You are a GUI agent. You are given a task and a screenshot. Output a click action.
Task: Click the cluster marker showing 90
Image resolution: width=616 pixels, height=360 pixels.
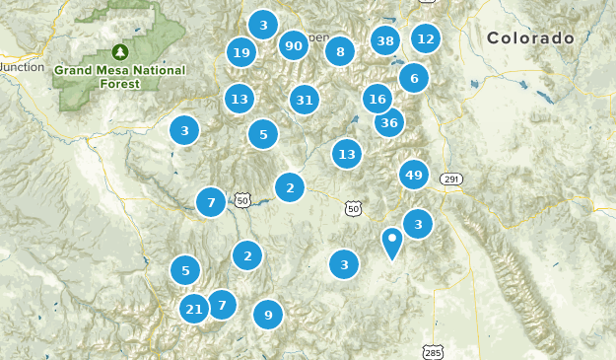pyautogui.click(x=293, y=45)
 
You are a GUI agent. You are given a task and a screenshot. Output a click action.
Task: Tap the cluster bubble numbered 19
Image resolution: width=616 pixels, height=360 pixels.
pyautogui.click(x=240, y=52)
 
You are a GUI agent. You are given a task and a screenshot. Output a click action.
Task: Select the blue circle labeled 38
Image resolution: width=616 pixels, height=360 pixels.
pyautogui.click(x=385, y=40)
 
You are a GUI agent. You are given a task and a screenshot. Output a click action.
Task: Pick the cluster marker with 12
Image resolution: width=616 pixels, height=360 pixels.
pyautogui.click(x=425, y=38)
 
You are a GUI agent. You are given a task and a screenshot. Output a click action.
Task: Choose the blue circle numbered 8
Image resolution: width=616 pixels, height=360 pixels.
pyautogui.click(x=340, y=52)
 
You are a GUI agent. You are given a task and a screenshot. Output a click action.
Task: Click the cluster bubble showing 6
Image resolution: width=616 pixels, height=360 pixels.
pyautogui.click(x=414, y=79)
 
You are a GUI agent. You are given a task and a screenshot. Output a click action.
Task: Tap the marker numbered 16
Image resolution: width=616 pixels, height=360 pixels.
pyautogui.click(x=376, y=99)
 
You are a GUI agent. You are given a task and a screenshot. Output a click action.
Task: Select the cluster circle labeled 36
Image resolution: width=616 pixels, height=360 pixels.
pyautogui.click(x=389, y=122)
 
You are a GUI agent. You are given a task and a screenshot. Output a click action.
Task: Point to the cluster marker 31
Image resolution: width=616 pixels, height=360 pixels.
pyautogui.click(x=305, y=100)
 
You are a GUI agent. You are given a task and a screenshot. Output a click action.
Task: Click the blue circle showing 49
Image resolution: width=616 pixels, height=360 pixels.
pyautogui.click(x=414, y=176)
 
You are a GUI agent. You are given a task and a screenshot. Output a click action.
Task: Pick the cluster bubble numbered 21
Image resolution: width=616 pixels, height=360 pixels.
pyautogui.click(x=194, y=310)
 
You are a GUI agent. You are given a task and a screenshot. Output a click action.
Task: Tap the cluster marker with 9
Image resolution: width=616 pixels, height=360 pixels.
pyautogui.click(x=267, y=316)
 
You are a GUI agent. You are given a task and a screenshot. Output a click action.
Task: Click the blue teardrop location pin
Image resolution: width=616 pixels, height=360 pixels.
pyautogui.click(x=392, y=242)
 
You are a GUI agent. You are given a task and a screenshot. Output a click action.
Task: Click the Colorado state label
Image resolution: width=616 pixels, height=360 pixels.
pyautogui.click(x=530, y=38)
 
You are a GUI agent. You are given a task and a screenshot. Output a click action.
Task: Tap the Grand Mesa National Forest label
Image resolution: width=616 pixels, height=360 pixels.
pyautogui.click(x=119, y=77)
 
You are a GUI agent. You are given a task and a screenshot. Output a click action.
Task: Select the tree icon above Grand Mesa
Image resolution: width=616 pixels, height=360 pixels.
pyautogui.click(x=120, y=51)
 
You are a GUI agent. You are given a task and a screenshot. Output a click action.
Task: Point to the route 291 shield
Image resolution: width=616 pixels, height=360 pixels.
pyautogui.click(x=451, y=179)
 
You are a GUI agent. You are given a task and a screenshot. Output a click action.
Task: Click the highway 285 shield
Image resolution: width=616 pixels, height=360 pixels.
pyautogui.click(x=433, y=351)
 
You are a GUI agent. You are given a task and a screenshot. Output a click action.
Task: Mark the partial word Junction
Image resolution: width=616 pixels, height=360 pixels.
pyautogui.click(x=22, y=67)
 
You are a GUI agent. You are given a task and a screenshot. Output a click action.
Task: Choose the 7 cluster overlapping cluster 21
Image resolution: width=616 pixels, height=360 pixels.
pyautogui.click(x=222, y=305)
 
